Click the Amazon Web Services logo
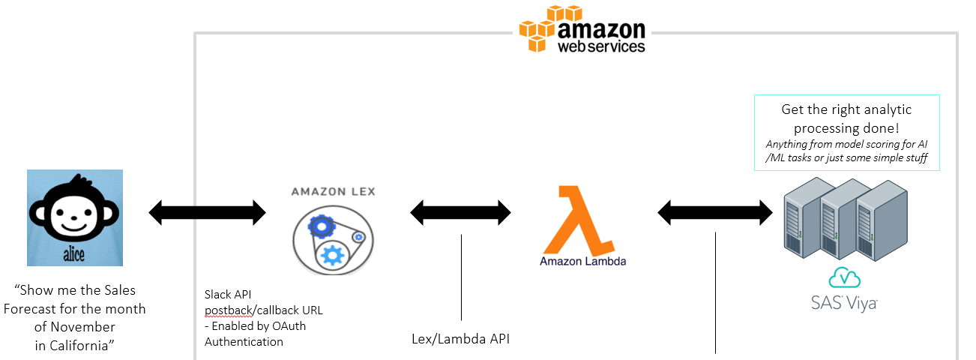click(x=582, y=29)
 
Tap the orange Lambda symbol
click(x=577, y=220)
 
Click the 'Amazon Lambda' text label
click(x=583, y=261)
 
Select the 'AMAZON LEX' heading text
click(x=334, y=192)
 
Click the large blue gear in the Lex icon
click(x=332, y=256)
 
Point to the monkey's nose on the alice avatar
click(x=74, y=217)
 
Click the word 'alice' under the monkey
click(x=74, y=254)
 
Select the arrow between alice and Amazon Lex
click(x=207, y=213)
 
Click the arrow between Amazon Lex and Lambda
click(x=460, y=213)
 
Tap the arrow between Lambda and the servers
click(x=715, y=213)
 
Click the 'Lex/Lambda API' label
click(x=460, y=339)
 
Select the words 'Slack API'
click(x=228, y=295)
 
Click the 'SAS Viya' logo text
click(x=844, y=303)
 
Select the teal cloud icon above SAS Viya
click(x=844, y=277)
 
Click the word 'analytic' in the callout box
click(x=885, y=109)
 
